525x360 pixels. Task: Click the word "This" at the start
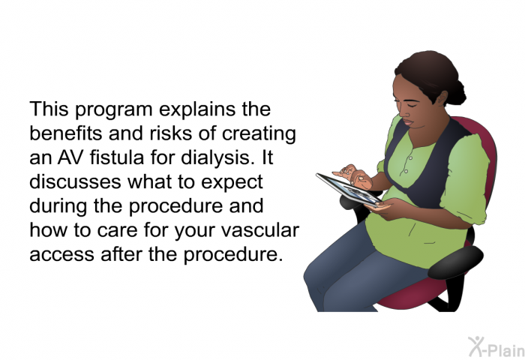(x=49, y=109)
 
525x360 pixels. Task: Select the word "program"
(x=113, y=111)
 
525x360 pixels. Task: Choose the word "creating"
(x=259, y=134)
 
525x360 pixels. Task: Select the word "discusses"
(x=75, y=181)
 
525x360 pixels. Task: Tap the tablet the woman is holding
(x=349, y=190)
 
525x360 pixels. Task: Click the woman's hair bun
(x=457, y=92)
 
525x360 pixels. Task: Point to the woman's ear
(x=442, y=97)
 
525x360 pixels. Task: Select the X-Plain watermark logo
(x=496, y=347)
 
